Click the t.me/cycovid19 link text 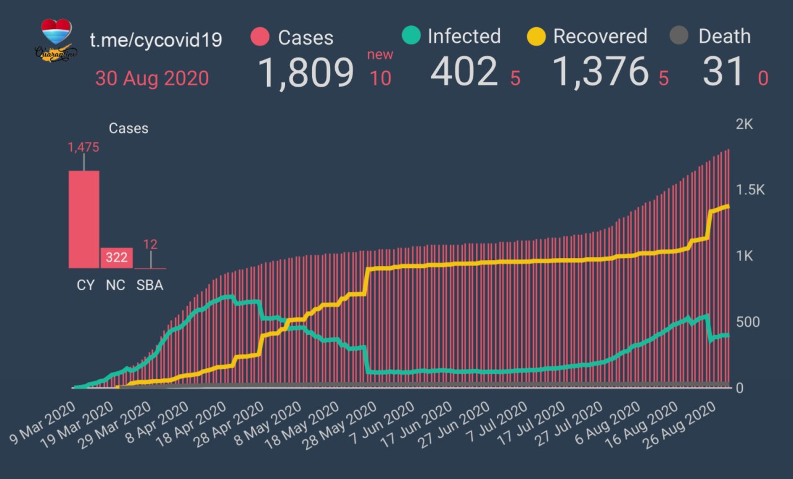(156, 40)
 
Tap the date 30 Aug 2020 (152, 79)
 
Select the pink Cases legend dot (260, 37)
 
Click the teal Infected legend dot (410, 36)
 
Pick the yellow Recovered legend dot (536, 37)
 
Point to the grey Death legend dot (680, 37)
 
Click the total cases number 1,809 (305, 72)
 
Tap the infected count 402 (464, 72)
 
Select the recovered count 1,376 (600, 72)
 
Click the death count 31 (723, 72)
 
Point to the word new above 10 (380, 54)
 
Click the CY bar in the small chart (84, 219)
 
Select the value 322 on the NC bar (116, 258)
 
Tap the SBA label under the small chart (150, 285)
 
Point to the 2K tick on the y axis (743, 124)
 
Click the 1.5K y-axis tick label (748, 190)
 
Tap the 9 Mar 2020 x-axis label (42, 426)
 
